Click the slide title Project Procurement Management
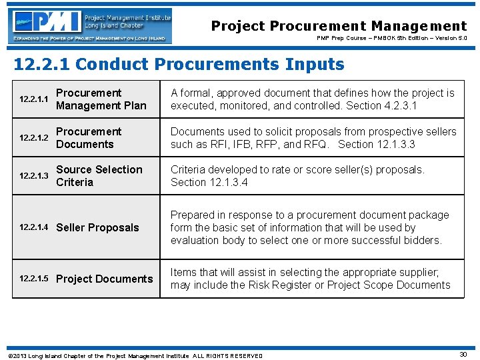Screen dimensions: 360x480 click(339, 27)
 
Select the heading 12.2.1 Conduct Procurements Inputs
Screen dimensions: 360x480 click(179, 65)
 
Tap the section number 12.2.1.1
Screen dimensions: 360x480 click(33, 99)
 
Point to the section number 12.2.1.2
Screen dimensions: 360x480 click(33, 138)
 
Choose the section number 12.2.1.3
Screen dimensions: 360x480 click(33, 176)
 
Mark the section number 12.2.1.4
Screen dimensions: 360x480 click(33, 227)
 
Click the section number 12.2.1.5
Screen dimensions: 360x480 click(33, 279)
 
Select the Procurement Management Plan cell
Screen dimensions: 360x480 click(101, 99)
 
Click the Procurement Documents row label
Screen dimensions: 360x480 click(89, 138)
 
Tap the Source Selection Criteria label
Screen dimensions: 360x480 click(99, 176)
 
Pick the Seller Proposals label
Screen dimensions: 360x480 click(97, 227)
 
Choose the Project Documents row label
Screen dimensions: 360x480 click(104, 279)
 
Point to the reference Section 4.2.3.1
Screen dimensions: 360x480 click(391, 105)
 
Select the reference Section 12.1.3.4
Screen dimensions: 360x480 click(209, 182)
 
